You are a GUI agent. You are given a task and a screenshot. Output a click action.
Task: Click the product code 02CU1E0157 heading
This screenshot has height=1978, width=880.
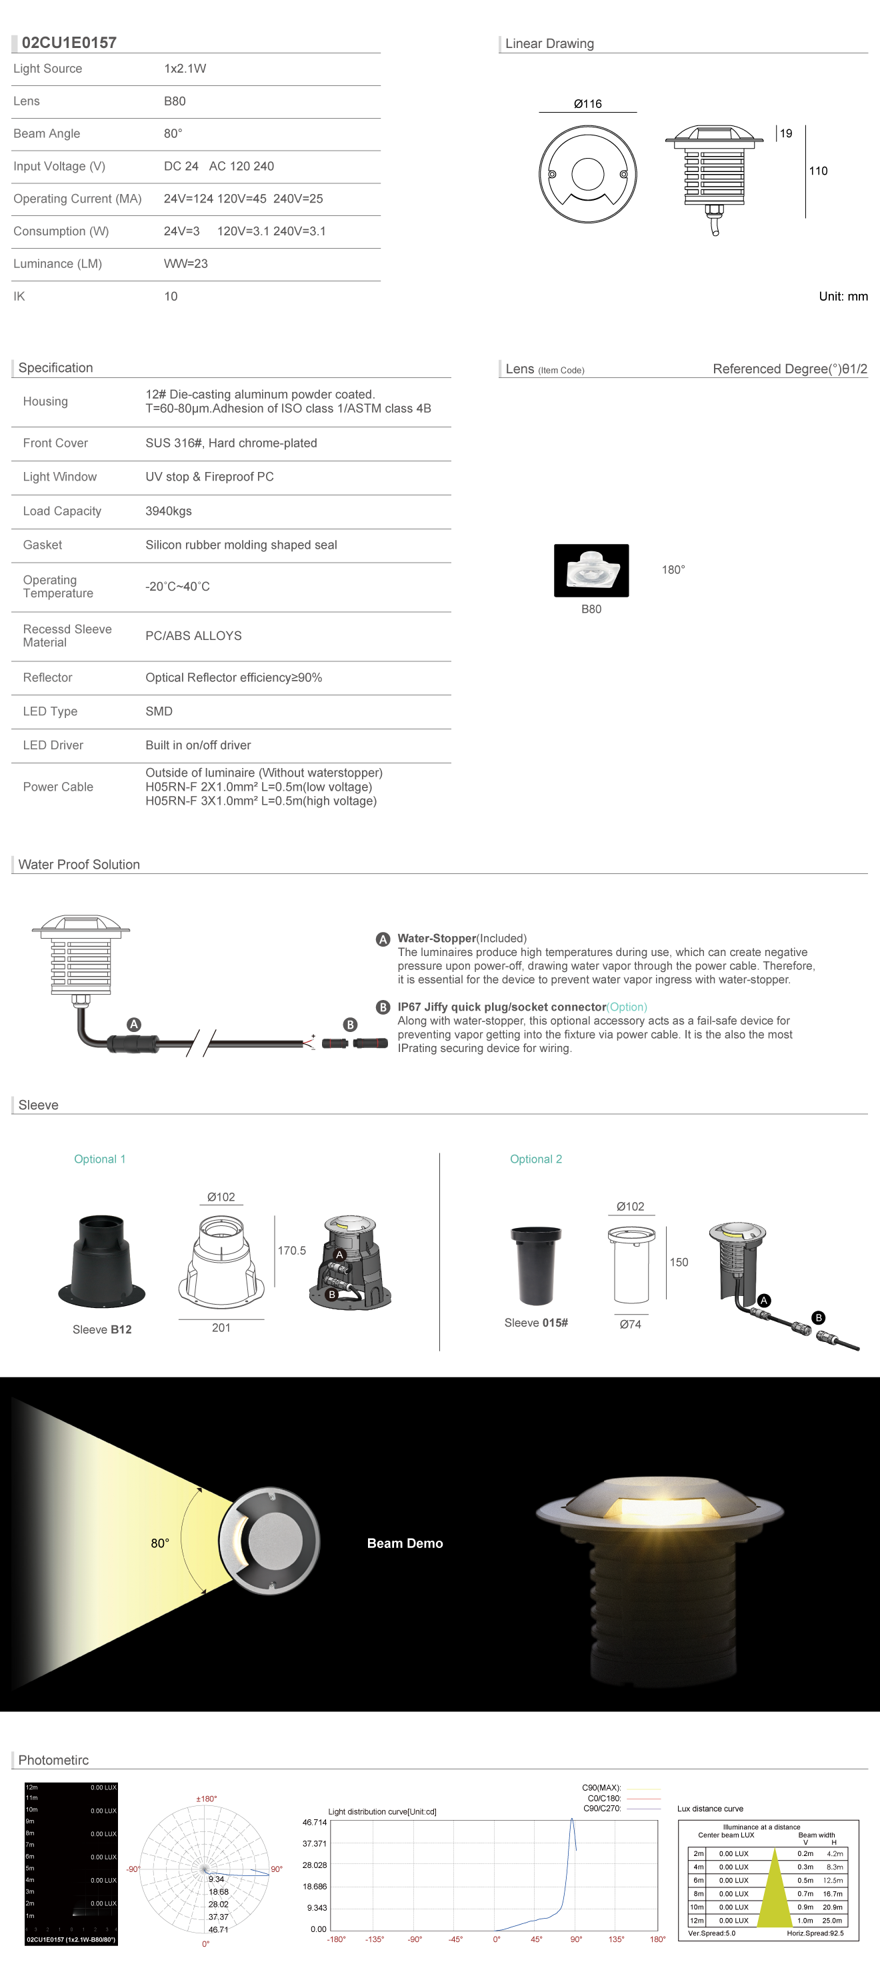(x=69, y=43)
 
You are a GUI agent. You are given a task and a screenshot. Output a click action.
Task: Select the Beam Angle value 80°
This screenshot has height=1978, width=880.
(x=173, y=133)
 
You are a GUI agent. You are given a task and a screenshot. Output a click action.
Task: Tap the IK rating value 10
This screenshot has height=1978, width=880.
(x=171, y=297)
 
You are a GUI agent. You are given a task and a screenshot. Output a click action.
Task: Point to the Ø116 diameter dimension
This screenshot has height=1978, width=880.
(x=587, y=103)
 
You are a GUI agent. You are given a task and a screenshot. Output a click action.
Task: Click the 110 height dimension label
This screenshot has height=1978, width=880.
(x=818, y=171)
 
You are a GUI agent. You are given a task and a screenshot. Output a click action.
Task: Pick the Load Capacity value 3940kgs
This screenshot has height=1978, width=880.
(x=168, y=511)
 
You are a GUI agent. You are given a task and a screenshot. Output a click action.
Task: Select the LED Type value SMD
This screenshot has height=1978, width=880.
(x=159, y=712)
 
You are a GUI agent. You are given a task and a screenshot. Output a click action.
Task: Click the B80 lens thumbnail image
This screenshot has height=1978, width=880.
(x=591, y=571)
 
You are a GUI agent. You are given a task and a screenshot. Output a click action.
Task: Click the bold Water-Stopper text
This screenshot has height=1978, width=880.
(x=436, y=938)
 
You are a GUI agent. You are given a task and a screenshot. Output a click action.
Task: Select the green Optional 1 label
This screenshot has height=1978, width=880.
(x=99, y=1159)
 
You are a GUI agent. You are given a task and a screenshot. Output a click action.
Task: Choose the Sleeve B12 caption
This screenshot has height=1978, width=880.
(x=102, y=1330)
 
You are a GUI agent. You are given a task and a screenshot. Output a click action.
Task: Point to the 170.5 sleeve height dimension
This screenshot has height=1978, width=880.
(x=292, y=1251)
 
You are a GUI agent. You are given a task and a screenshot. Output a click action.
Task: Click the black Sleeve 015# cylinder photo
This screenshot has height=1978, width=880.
(x=536, y=1265)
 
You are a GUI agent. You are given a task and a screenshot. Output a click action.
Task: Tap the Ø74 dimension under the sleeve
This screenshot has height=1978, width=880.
(x=630, y=1325)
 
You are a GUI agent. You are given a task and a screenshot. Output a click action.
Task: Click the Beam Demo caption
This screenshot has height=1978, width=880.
(x=405, y=1543)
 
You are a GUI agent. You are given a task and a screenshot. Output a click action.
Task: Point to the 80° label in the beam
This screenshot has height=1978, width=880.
(x=160, y=1543)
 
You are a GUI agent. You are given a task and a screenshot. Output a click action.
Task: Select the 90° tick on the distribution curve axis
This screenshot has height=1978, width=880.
(x=576, y=1939)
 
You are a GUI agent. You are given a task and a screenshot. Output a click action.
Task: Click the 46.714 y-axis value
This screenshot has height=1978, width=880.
(x=314, y=1822)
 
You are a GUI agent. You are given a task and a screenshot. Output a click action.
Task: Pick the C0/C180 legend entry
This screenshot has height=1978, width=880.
(x=603, y=1798)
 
